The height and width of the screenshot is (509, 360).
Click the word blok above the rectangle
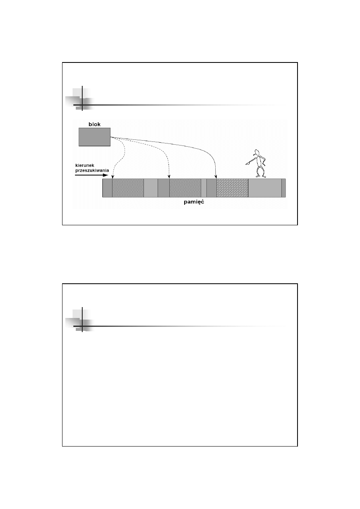pos(94,124)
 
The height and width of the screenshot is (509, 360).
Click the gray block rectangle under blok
pos(95,137)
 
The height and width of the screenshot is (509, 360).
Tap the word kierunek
pos(85,165)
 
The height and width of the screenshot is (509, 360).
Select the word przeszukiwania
pos(92,170)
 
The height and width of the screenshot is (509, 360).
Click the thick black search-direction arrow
pos(92,175)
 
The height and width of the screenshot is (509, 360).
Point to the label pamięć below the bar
pos(194,202)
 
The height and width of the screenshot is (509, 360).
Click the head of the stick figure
pos(257,152)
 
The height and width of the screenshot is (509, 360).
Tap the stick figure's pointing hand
pos(247,163)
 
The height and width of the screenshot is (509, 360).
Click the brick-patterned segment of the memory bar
pos(232,188)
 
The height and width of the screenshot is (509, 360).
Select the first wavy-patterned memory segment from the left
pos(128,188)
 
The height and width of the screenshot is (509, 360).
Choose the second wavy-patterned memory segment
pos(185,188)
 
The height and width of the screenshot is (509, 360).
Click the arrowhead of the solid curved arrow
pos(216,177)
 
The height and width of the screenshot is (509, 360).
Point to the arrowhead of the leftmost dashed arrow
pos(112,177)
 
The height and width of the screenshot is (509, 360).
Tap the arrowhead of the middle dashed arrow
pos(169,177)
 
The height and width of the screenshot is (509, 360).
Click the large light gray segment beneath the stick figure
pos(265,188)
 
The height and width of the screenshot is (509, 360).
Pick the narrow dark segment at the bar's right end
pos(284,188)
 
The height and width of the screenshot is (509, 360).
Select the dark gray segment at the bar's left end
pos(108,188)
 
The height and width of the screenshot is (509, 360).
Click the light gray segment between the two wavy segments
pos(151,188)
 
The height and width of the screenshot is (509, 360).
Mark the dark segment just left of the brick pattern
pos(212,188)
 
